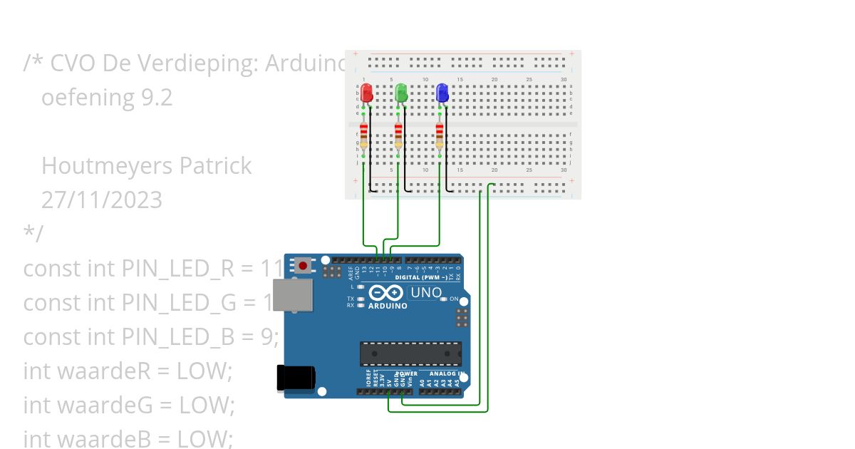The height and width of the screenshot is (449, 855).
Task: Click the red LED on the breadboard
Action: tap(366, 93)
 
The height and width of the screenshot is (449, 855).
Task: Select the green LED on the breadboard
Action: tap(401, 93)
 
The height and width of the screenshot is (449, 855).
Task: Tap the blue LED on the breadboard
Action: tap(442, 93)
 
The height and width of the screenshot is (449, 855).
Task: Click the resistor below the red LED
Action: tap(364, 135)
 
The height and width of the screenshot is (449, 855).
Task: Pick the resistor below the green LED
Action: tap(398, 135)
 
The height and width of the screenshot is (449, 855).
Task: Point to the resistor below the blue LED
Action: tap(439, 135)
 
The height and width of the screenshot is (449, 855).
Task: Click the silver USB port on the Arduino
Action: tap(293, 295)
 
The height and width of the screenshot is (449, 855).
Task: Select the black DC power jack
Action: tap(296, 377)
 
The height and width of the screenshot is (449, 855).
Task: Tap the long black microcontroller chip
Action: tap(410, 353)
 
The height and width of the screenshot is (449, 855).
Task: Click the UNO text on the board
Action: tap(426, 292)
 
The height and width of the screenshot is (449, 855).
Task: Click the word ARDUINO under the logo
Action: tap(388, 306)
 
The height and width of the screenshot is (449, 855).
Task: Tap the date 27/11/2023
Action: tap(101, 200)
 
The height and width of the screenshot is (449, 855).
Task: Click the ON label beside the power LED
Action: tap(454, 299)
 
